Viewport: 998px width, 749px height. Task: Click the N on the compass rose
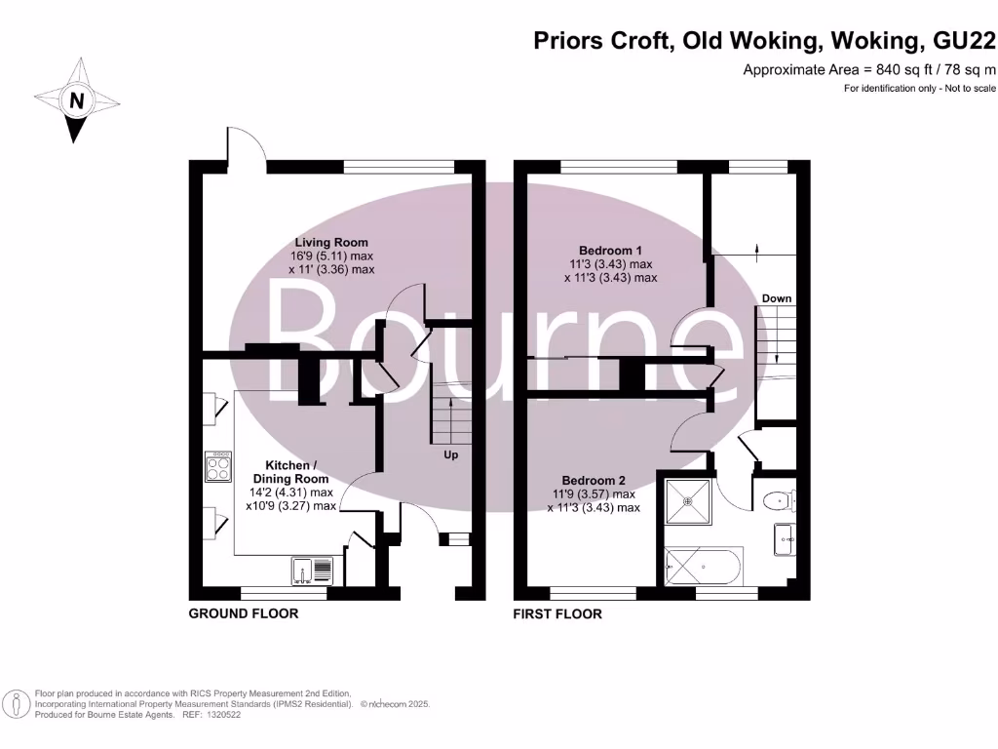click(x=76, y=100)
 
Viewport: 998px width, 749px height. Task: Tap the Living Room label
click(x=331, y=242)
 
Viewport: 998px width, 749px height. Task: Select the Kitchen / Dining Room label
click(x=290, y=472)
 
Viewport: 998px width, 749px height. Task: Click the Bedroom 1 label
click(x=610, y=251)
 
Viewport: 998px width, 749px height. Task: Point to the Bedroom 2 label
click(x=594, y=480)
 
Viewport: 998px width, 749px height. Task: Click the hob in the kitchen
click(x=218, y=467)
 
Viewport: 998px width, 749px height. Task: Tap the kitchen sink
click(x=313, y=572)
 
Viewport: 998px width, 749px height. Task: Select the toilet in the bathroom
click(x=779, y=500)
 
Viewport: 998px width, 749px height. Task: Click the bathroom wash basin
click(x=785, y=539)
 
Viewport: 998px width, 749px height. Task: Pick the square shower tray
click(x=687, y=502)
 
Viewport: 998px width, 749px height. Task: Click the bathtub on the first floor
click(x=703, y=567)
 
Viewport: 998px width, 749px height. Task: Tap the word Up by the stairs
click(x=450, y=454)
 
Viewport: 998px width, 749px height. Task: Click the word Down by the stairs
click(x=777, y=298)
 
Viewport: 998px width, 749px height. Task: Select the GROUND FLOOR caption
click(x=243, y=613)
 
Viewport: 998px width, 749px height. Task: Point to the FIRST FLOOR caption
click(x=557, y=614)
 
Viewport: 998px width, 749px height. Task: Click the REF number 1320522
click(x=221, y=715)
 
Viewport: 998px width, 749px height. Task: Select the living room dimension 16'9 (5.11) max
click(x=331, y=256)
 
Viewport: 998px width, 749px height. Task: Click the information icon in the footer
click(x=17, y=704)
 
